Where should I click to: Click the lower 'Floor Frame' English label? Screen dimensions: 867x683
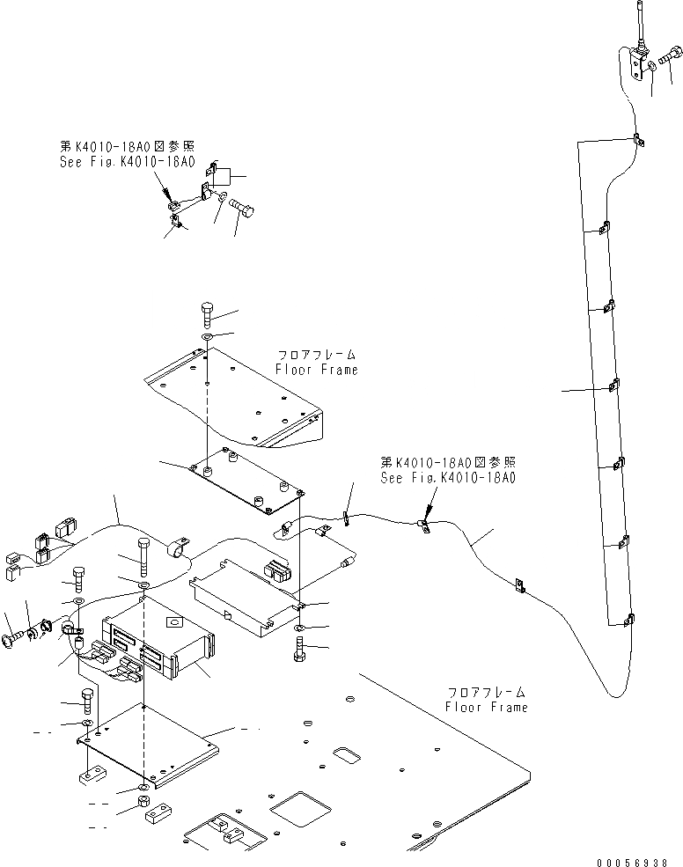pos(487,707)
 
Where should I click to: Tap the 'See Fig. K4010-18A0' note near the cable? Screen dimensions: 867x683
pos(448,478)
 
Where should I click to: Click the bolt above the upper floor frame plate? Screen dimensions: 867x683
pos(206,314)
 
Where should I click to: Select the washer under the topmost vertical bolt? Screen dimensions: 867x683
pos(206,336)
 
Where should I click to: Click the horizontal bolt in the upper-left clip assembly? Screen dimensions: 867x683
pos(240,207)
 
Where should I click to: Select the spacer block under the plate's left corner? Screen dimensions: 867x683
pos(91,779)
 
